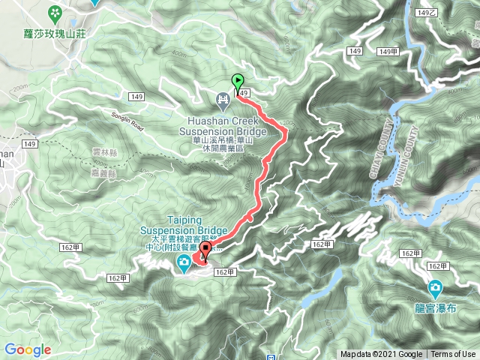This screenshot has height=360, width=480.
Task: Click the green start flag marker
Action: [x=238, y=82]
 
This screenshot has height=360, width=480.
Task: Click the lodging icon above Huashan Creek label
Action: [x=223, y=98]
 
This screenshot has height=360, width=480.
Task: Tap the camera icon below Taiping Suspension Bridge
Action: [x=183, y=262]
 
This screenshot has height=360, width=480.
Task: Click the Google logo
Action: [x=27, y=349]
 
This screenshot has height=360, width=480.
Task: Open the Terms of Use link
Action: [x=453, y=355]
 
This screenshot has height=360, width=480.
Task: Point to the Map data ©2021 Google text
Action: [x=382, y=355]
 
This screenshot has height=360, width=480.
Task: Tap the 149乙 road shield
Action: [x=425, y=13]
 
